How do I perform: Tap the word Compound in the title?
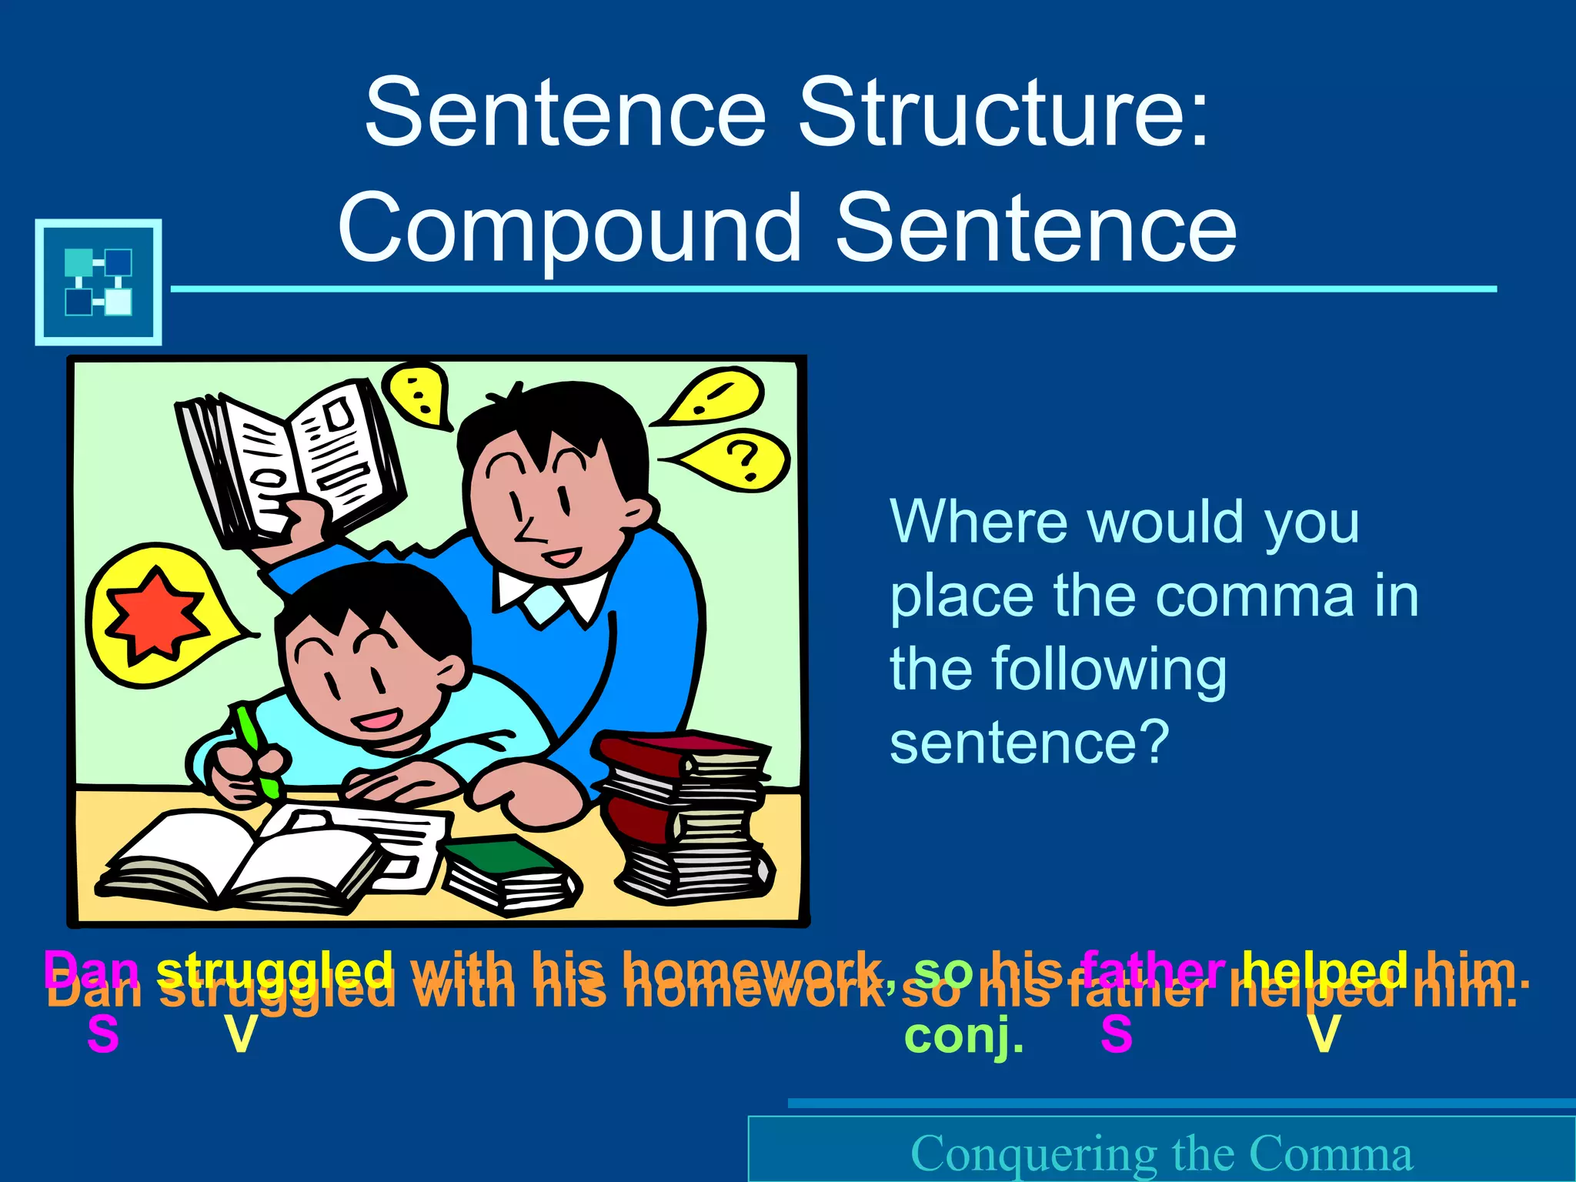click(x=570, y=229)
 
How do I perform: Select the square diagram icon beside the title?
click(x=98, y=282)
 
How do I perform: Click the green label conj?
click(x=964, y=1035)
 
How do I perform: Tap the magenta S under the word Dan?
click(x=103, y=1035)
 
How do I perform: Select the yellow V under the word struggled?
click(x=240, y=1035)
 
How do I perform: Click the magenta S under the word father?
click(x=1117, y=1035)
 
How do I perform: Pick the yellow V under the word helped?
click(x=1324, y=1035)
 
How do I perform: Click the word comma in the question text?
click(x=1254, y=596)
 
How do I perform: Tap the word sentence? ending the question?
click(x=1030, y=742)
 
